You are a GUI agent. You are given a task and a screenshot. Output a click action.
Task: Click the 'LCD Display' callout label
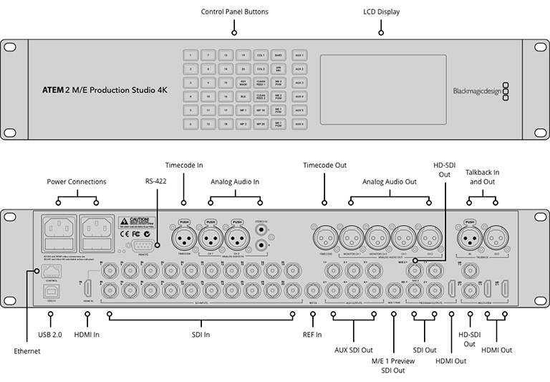pos(380,12)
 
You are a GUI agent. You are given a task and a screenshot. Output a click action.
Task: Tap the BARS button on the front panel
pos(279,55)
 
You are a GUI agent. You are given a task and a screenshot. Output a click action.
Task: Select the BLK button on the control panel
pos(243,95)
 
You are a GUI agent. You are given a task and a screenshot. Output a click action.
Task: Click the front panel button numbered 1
pos(190,55)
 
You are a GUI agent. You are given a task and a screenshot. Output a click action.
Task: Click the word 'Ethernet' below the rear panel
pos(26,351)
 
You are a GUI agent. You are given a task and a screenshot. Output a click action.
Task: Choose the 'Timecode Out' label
pos(324,165)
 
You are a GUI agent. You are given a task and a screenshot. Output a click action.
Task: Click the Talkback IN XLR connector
pos(470,237)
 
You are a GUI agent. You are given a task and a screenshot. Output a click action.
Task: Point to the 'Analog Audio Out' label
pos(389,183)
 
